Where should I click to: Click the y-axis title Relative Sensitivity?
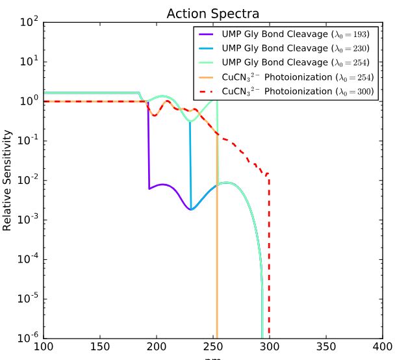(8, 181)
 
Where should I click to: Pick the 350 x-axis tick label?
(326, 347)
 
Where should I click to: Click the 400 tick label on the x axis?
(382, 347)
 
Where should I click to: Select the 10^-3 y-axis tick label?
(27, 220)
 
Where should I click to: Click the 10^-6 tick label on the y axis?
(27, 338)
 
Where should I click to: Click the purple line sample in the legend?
(207, 34)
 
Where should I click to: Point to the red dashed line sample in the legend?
(207, 92)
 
